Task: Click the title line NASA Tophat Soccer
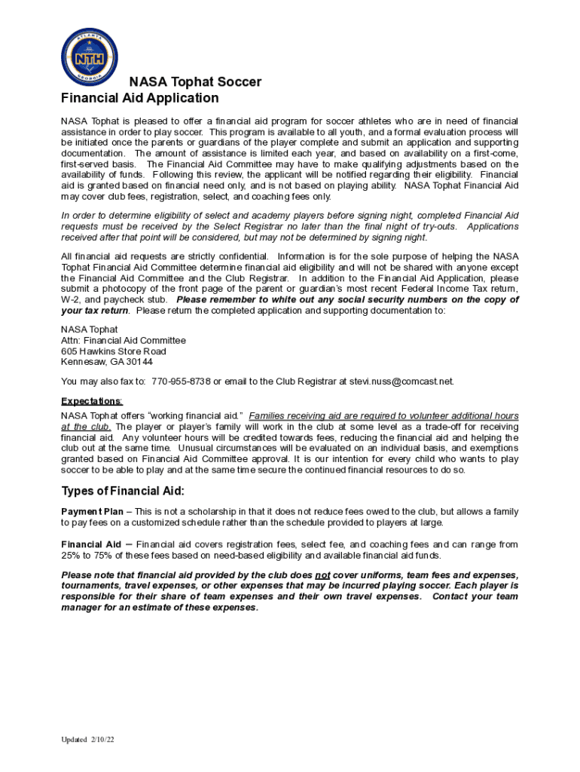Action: tap(195, 82)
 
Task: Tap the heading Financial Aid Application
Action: tap(140, 98)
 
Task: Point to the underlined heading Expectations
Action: tap(91, 401)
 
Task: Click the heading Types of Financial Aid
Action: tap(123, 492)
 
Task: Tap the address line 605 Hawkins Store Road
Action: tap(114, 351)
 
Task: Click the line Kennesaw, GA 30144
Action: tap(107, 363)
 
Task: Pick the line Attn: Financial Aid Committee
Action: tap(123, 341)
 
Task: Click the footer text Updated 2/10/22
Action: tap(88, 740)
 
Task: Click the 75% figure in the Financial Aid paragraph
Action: tap(112, 556)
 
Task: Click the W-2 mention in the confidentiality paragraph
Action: tap(71, 299)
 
